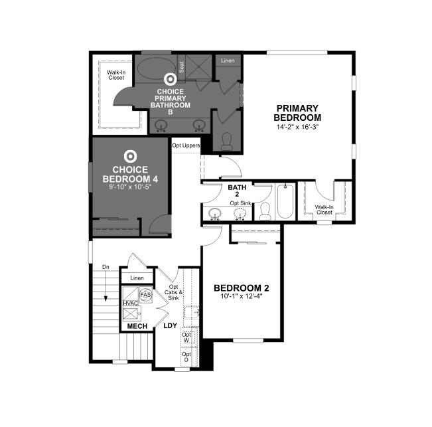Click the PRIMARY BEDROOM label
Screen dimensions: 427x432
pos(298,113)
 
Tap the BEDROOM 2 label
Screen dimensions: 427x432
pos(241,288)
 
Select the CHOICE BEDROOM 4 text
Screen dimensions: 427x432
pos(130,174)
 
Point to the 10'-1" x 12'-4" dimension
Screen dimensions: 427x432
pos(241,297)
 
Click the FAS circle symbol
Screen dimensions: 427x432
pos(146,293)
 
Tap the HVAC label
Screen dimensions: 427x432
pos(130,303)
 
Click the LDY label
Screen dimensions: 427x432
pos(170,326)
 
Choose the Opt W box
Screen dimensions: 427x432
pos(186,337)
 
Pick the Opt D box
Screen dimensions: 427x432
pos(186,358)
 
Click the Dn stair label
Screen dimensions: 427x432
pos(106,267)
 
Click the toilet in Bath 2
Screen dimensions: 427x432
pos(264,211)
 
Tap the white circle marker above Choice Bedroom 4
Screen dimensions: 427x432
pos(131,157)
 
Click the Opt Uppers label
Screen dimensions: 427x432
pos(186,145)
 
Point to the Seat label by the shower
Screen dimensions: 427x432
pos(181,66)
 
